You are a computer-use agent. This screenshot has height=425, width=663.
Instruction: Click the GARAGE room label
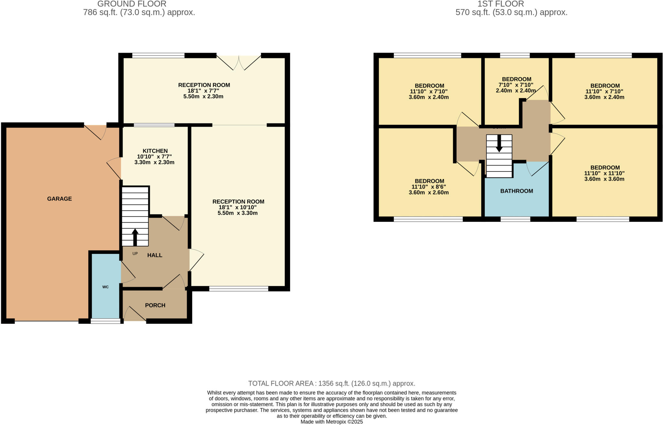coord(59,199)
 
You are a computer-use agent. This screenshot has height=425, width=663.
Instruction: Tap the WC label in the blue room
coord(105,287)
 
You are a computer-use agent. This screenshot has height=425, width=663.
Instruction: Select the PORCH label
coord(155,305)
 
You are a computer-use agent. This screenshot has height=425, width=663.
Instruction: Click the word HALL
coord(155,255)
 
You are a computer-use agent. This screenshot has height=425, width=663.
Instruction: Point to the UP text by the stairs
coord(135,254)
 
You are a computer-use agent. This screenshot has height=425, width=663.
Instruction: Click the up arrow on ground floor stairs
coord(135,237)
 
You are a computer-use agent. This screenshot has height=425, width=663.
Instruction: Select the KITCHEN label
coord(155,151)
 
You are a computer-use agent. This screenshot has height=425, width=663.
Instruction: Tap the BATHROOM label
coord(516,191)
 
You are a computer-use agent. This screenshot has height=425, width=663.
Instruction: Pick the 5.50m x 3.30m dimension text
coord(238,213)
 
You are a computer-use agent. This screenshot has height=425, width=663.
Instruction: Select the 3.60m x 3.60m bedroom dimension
coord(604,179)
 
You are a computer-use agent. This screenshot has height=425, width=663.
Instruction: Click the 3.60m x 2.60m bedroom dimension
coord(429,192)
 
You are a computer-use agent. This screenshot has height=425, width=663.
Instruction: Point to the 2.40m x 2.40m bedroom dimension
coord(516,91)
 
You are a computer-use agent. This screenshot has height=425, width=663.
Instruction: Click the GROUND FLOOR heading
coord(132,4)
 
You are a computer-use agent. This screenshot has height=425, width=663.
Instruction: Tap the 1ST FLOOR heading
coord(500,4)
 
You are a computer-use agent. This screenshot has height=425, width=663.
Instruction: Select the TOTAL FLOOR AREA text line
coord(331,383)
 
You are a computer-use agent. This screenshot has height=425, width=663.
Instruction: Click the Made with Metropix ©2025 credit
coord(331,422)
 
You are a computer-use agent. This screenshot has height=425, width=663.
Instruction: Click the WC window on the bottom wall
coord(105,321)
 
